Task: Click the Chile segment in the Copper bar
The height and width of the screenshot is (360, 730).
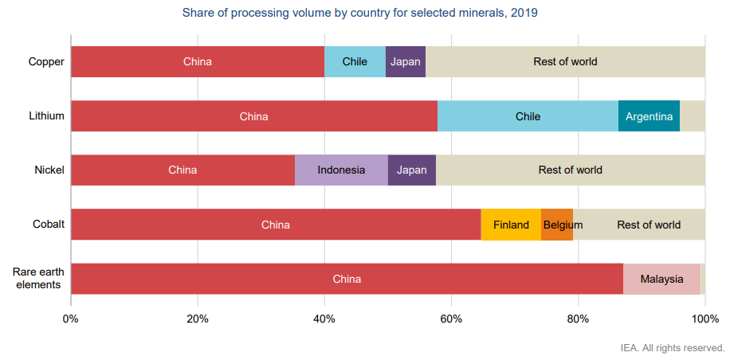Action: tap(355, 61)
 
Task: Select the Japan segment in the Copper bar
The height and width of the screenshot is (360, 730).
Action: tap(406, 61)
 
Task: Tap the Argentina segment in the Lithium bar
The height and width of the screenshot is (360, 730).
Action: tap(649, 116)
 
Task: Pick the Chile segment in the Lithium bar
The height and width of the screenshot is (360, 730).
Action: tap(528, 116)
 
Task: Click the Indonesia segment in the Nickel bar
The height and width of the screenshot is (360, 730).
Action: tap(341, 170)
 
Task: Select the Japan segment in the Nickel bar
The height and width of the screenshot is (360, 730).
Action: tap(412, 170)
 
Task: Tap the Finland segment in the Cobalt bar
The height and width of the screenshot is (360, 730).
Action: tap(511, 225)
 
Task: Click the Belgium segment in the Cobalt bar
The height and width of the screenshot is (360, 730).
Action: tap(557, 225)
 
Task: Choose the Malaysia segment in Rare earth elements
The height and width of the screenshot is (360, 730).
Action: tap(661, 279)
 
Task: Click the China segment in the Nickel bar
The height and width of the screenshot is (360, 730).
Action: tap(182, 170)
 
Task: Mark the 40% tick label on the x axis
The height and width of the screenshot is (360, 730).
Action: tap(324, 319)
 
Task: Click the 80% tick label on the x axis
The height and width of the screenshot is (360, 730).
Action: tap(578, 319)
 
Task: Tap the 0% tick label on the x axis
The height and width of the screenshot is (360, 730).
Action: tap(71, 319)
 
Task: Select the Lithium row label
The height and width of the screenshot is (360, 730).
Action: tap(46, 116)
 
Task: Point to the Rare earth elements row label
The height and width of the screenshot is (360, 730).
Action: tap(38, 278)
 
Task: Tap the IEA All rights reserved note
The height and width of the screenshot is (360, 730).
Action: tap(673, 348)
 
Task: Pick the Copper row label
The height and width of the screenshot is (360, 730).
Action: tap(46, 61)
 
